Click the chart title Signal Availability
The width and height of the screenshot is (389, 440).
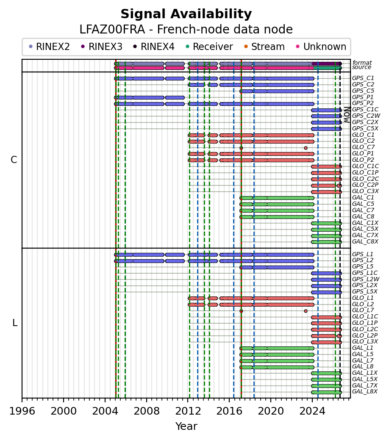186,14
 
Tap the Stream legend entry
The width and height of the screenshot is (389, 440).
264,47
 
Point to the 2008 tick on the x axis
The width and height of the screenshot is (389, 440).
147,398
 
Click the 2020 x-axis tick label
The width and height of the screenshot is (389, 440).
271,411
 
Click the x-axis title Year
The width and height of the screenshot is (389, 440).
186,426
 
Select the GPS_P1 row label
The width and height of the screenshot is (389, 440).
363,97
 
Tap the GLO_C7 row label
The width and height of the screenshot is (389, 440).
363,147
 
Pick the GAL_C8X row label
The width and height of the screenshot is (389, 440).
365,242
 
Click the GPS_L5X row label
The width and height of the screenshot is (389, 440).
365,291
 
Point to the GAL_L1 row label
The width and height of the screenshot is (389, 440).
363,348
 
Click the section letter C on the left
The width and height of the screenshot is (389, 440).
14,160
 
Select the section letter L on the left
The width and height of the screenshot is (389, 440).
15,323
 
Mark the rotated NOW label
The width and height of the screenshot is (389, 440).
347,115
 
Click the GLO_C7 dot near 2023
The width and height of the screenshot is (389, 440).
306,148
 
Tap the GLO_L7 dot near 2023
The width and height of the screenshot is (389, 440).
306,311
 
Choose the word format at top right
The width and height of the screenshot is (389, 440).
362,63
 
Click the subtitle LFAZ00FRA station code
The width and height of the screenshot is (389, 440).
112,30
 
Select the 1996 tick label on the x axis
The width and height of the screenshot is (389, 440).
22,411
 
